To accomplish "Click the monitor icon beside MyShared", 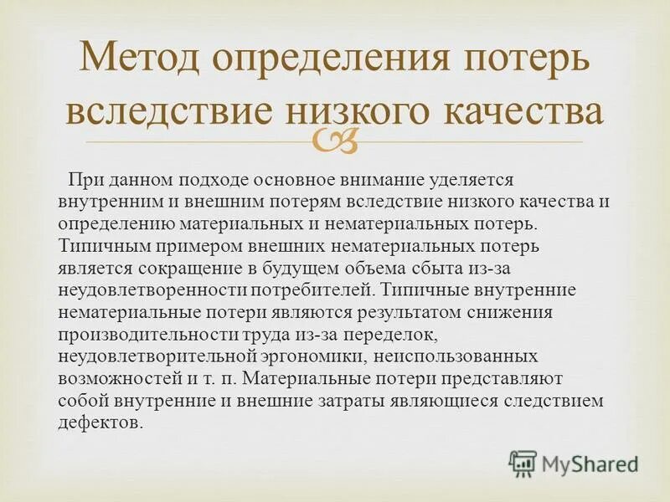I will [523, 464].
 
